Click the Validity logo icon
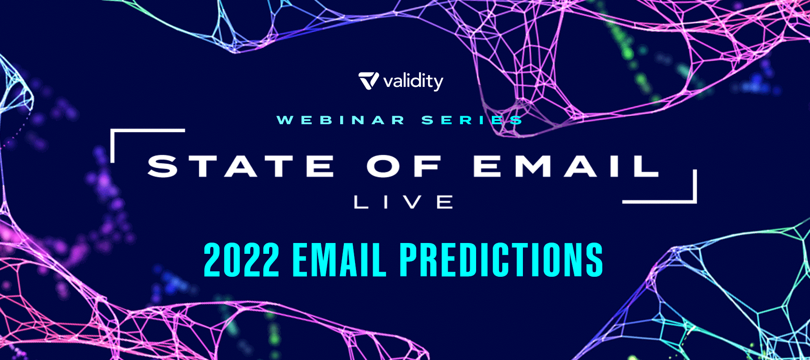[369, 81]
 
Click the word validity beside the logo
[413, 82]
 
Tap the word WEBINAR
[341, 120]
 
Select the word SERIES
[472, 120]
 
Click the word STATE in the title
[241, 166]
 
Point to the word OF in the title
[404, 166]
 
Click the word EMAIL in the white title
[566, 166]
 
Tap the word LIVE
[403, 202]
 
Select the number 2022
[242, 260]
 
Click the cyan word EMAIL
[339, 260]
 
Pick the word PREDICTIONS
[501, 260]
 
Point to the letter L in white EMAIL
[645, 166]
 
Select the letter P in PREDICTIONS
[410, 260]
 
